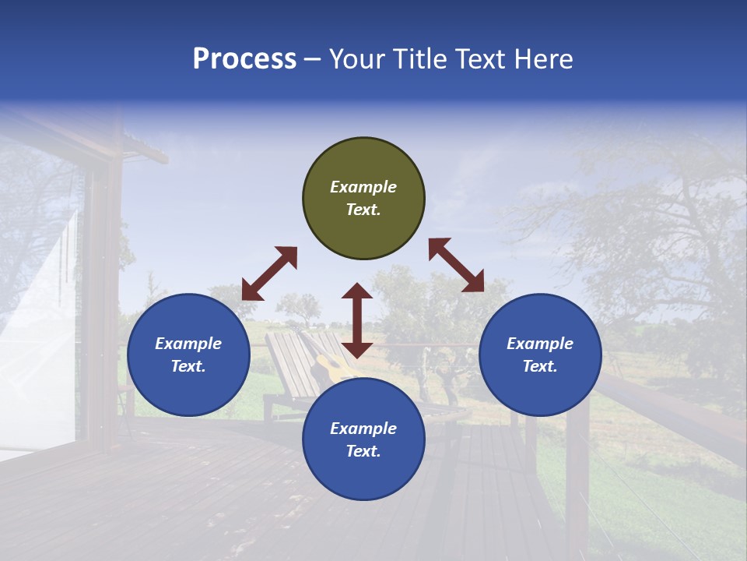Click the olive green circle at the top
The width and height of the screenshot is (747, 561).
pos(363,199)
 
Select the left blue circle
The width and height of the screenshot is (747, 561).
pos(188,355)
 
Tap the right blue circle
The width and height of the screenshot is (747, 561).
pos(540,355)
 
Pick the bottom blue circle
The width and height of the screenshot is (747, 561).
pos(363,439)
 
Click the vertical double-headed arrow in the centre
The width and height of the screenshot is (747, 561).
pos(357,320)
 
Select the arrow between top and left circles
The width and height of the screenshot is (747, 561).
pos(269,273)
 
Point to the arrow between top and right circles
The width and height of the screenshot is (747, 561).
pos(456,265)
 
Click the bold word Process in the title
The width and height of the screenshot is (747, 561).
pos(244,59)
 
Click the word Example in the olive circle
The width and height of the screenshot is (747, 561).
pos(363,187)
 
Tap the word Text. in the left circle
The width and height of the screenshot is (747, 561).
pos(188,366)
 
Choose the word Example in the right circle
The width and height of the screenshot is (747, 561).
pos(540,344)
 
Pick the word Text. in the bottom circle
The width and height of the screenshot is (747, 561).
pos(363,451)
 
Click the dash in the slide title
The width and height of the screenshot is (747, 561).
pos(312,59)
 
